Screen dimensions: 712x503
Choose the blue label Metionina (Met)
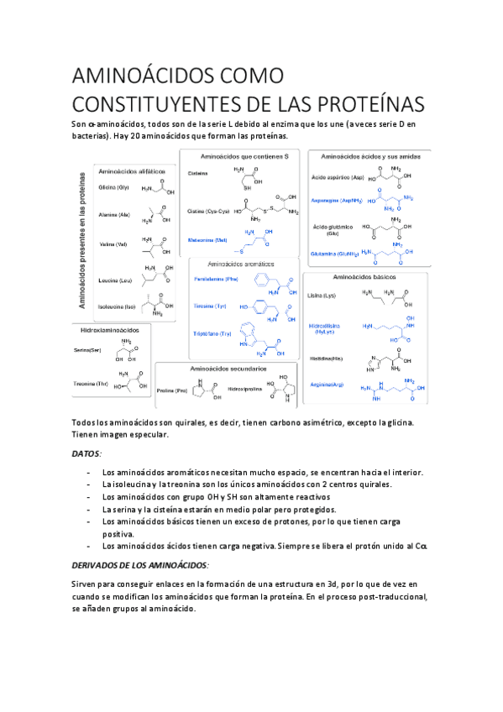coord(207,239)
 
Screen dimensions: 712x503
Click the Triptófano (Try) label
coord(211,333)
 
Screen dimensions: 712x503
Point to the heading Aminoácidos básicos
coord(365,276)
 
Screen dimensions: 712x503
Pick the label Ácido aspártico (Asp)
coord(335,179)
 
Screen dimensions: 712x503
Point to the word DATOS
coord(87,453)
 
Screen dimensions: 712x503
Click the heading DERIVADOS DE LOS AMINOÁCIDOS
coord(140,564)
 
